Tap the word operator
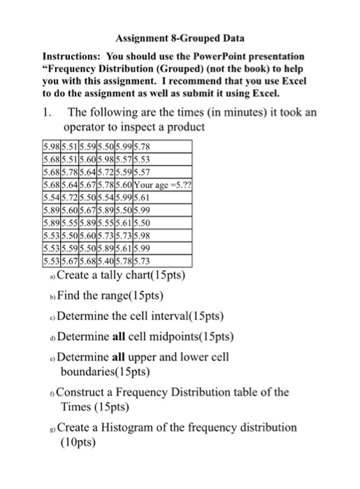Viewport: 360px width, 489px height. (85, 129)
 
